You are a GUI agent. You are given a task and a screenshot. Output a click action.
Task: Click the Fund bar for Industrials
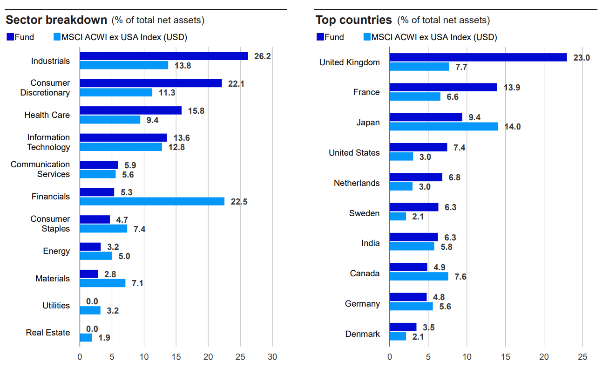(163, 56)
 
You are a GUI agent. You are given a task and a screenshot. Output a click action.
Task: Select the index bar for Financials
(152, 201)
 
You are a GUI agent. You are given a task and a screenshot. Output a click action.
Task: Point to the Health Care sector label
(47, 115)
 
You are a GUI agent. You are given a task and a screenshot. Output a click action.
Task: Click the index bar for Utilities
(90, 310)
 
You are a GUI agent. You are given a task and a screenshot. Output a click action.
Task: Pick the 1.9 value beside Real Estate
(104, 338)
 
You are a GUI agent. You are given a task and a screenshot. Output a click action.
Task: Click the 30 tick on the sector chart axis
(272, 357)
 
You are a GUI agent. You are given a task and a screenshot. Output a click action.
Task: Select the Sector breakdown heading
(56, 20)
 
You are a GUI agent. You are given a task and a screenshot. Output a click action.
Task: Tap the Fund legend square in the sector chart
(10, 37)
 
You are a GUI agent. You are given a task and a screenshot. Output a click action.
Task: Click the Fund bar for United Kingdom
(478, 57)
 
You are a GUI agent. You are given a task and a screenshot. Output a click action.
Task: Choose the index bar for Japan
(444, 126)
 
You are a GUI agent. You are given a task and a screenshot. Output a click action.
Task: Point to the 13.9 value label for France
(511, 88)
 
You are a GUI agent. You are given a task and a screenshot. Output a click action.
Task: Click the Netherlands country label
(357, 183)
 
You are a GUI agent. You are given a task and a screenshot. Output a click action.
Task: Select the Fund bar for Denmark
(403, 327)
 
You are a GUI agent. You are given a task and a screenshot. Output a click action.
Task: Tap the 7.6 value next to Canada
(460, 277)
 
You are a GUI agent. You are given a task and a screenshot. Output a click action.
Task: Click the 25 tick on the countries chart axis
(582, 357)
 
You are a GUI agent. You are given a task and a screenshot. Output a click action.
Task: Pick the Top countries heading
(354, 20)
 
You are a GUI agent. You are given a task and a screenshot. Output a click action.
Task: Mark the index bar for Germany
(411, 306)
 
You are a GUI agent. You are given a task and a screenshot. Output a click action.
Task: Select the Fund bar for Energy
(90, 246)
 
